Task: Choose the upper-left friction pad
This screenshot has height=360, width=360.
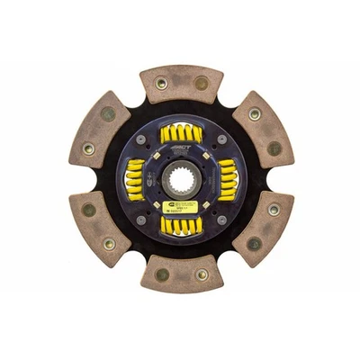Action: pyautogui.click(x=101, y=131)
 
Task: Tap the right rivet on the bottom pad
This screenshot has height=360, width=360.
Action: pyautogui.click(x=201, y=274)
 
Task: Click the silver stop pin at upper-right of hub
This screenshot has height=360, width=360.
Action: pyautogui.click(x=220, y=139)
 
